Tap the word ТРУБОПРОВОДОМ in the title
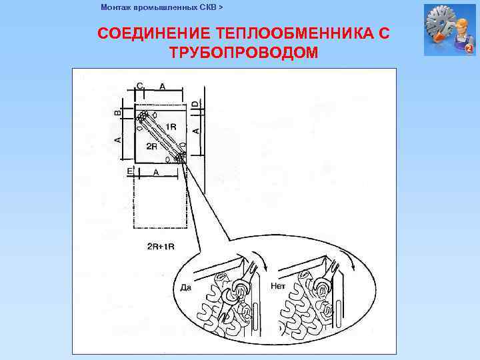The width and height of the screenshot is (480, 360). point(243,52)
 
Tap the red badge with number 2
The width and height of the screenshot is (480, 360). point(469,49)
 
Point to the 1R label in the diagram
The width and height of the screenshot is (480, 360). point(171,127)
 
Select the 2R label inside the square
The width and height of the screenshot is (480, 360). point(151,145)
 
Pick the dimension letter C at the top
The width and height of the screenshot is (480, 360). point(139,85)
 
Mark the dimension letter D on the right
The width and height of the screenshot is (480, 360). point(196,105)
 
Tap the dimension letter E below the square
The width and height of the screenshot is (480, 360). point(130,172)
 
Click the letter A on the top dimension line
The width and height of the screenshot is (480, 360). point(162,86)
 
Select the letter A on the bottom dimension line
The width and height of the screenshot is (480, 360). point(156,172)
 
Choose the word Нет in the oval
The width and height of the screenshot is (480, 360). point(278,286)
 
